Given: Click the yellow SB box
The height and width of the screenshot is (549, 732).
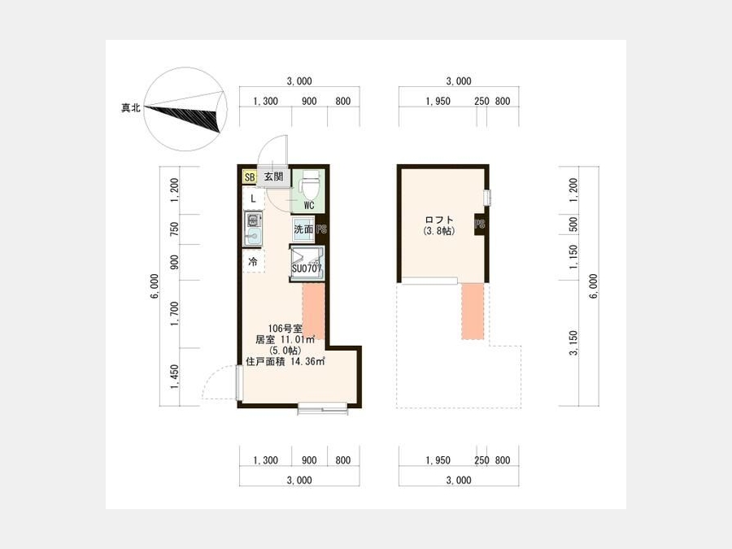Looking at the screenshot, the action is click(x=250, y=177).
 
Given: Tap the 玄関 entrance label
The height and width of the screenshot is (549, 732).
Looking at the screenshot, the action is click(x=273, y=177).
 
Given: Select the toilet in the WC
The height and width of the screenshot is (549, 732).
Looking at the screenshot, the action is click(x=308, y=185).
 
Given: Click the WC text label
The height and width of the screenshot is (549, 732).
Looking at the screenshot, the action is click(x=308, y=206).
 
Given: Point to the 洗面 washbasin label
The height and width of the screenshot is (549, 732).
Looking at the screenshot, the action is click(x=303, y=229).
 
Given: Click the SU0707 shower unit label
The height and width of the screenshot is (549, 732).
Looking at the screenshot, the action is click(x=307, y=269).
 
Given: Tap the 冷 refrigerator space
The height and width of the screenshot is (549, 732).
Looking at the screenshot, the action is click(x=253, y=261).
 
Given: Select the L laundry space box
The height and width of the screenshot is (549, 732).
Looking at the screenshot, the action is click(x=254, y=199).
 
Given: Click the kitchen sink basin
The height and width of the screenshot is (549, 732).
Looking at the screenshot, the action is click(x=253, y=236).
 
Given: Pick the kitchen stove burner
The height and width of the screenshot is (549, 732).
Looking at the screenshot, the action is click(x=253, y=220).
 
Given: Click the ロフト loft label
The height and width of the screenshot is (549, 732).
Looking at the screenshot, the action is click(x=439, y=220).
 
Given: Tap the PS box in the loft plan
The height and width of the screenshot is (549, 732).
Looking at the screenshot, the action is click(x=479, y=224).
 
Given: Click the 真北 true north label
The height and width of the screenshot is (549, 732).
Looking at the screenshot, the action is click(x=131, y=108).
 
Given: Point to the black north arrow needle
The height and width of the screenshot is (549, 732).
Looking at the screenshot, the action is click(x=182, y=116).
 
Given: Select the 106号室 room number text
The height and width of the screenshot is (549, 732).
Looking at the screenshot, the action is click(x=285, y=329).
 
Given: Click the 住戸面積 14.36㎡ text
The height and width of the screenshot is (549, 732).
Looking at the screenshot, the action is click(x=285, y=361).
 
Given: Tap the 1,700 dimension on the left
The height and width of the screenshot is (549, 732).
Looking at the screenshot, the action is click(x=175, y=314).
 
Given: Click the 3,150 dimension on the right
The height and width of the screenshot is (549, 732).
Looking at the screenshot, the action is click(x=573, y=343).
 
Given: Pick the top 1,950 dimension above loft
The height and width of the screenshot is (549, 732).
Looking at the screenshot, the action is click(x=438, y=102).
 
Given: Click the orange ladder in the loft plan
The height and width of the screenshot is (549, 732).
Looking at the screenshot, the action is click(x=473, y=312).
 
